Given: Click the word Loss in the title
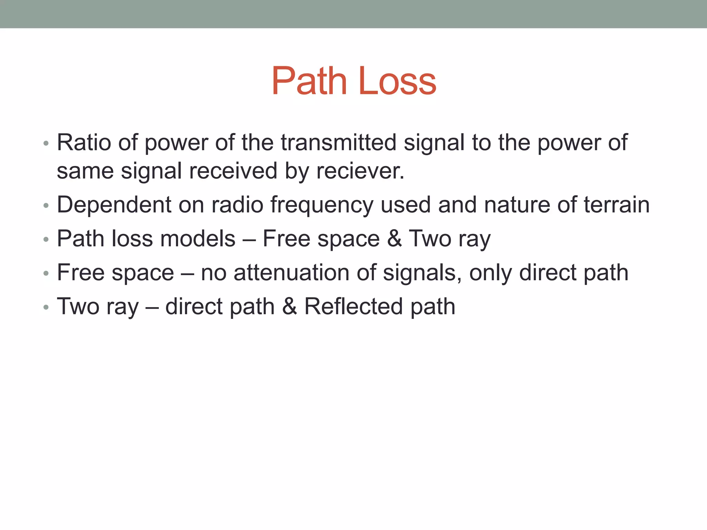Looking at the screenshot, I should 398,81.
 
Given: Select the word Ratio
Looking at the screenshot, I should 84,142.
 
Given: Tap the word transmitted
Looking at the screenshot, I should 338,142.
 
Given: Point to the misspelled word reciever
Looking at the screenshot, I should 360,171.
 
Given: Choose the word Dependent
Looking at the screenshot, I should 114,205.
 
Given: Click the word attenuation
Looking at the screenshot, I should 291,273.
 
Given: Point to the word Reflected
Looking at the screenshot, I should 353,306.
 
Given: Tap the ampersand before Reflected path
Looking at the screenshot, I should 289,306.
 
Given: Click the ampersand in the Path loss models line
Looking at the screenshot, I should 394,238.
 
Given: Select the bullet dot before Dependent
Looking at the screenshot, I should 46,206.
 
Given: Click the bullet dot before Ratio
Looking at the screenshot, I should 46,143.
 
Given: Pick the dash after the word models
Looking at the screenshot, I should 249,239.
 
